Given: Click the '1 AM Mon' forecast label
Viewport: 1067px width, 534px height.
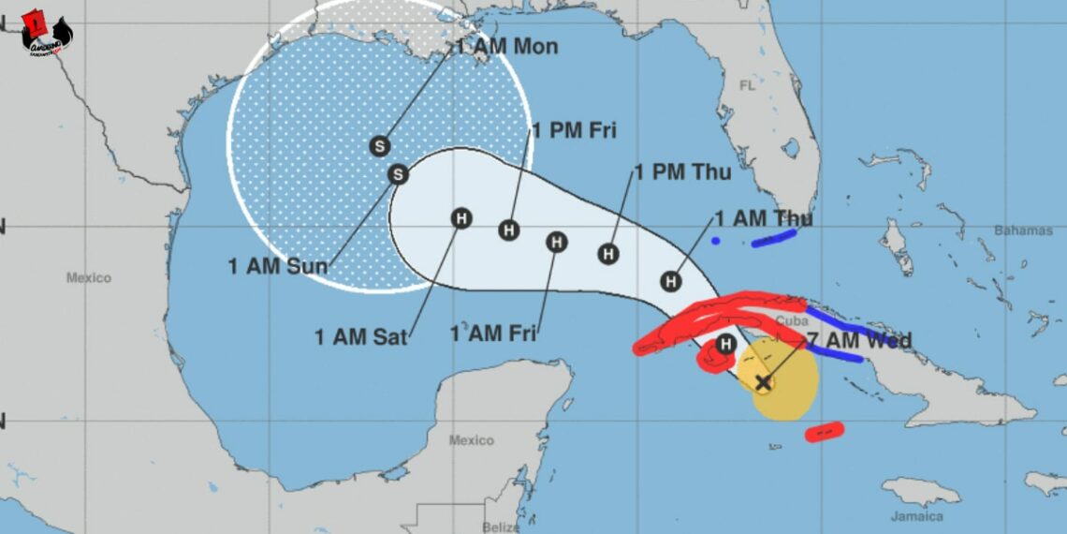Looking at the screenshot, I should click(506, 47).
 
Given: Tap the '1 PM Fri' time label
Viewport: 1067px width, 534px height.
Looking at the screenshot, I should click(574, 131).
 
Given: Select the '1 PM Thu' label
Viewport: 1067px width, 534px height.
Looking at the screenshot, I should click(682, 172).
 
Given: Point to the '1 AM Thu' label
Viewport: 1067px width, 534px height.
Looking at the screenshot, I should click(763, 219).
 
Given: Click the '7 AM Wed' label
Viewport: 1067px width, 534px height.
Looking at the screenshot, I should click(858, 341).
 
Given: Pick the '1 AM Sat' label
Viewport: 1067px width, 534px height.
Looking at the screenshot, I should click(361, 337).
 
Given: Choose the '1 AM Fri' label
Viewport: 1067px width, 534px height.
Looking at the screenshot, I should click(493, 334).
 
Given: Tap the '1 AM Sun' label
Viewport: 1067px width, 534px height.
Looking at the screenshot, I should click(278, 266).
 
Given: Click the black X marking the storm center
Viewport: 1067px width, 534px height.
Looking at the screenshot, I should click(764, 382).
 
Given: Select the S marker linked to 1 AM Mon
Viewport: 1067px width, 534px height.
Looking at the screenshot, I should click(379, 146).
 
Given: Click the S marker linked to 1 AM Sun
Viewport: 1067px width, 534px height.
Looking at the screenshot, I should click(399, 174).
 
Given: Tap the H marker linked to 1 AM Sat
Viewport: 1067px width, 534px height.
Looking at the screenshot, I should click(460, 218).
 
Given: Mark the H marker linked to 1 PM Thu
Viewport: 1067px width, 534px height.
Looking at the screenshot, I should click(609, 253).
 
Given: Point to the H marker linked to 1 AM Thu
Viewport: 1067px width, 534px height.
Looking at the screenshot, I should click(671, 280).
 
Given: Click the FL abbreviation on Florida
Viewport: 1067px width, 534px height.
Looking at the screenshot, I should click(747, 85).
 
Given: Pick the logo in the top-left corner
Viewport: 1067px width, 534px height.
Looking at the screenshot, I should click(46, 33).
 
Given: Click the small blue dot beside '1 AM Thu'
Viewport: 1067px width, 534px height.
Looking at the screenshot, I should click(716, 241).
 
